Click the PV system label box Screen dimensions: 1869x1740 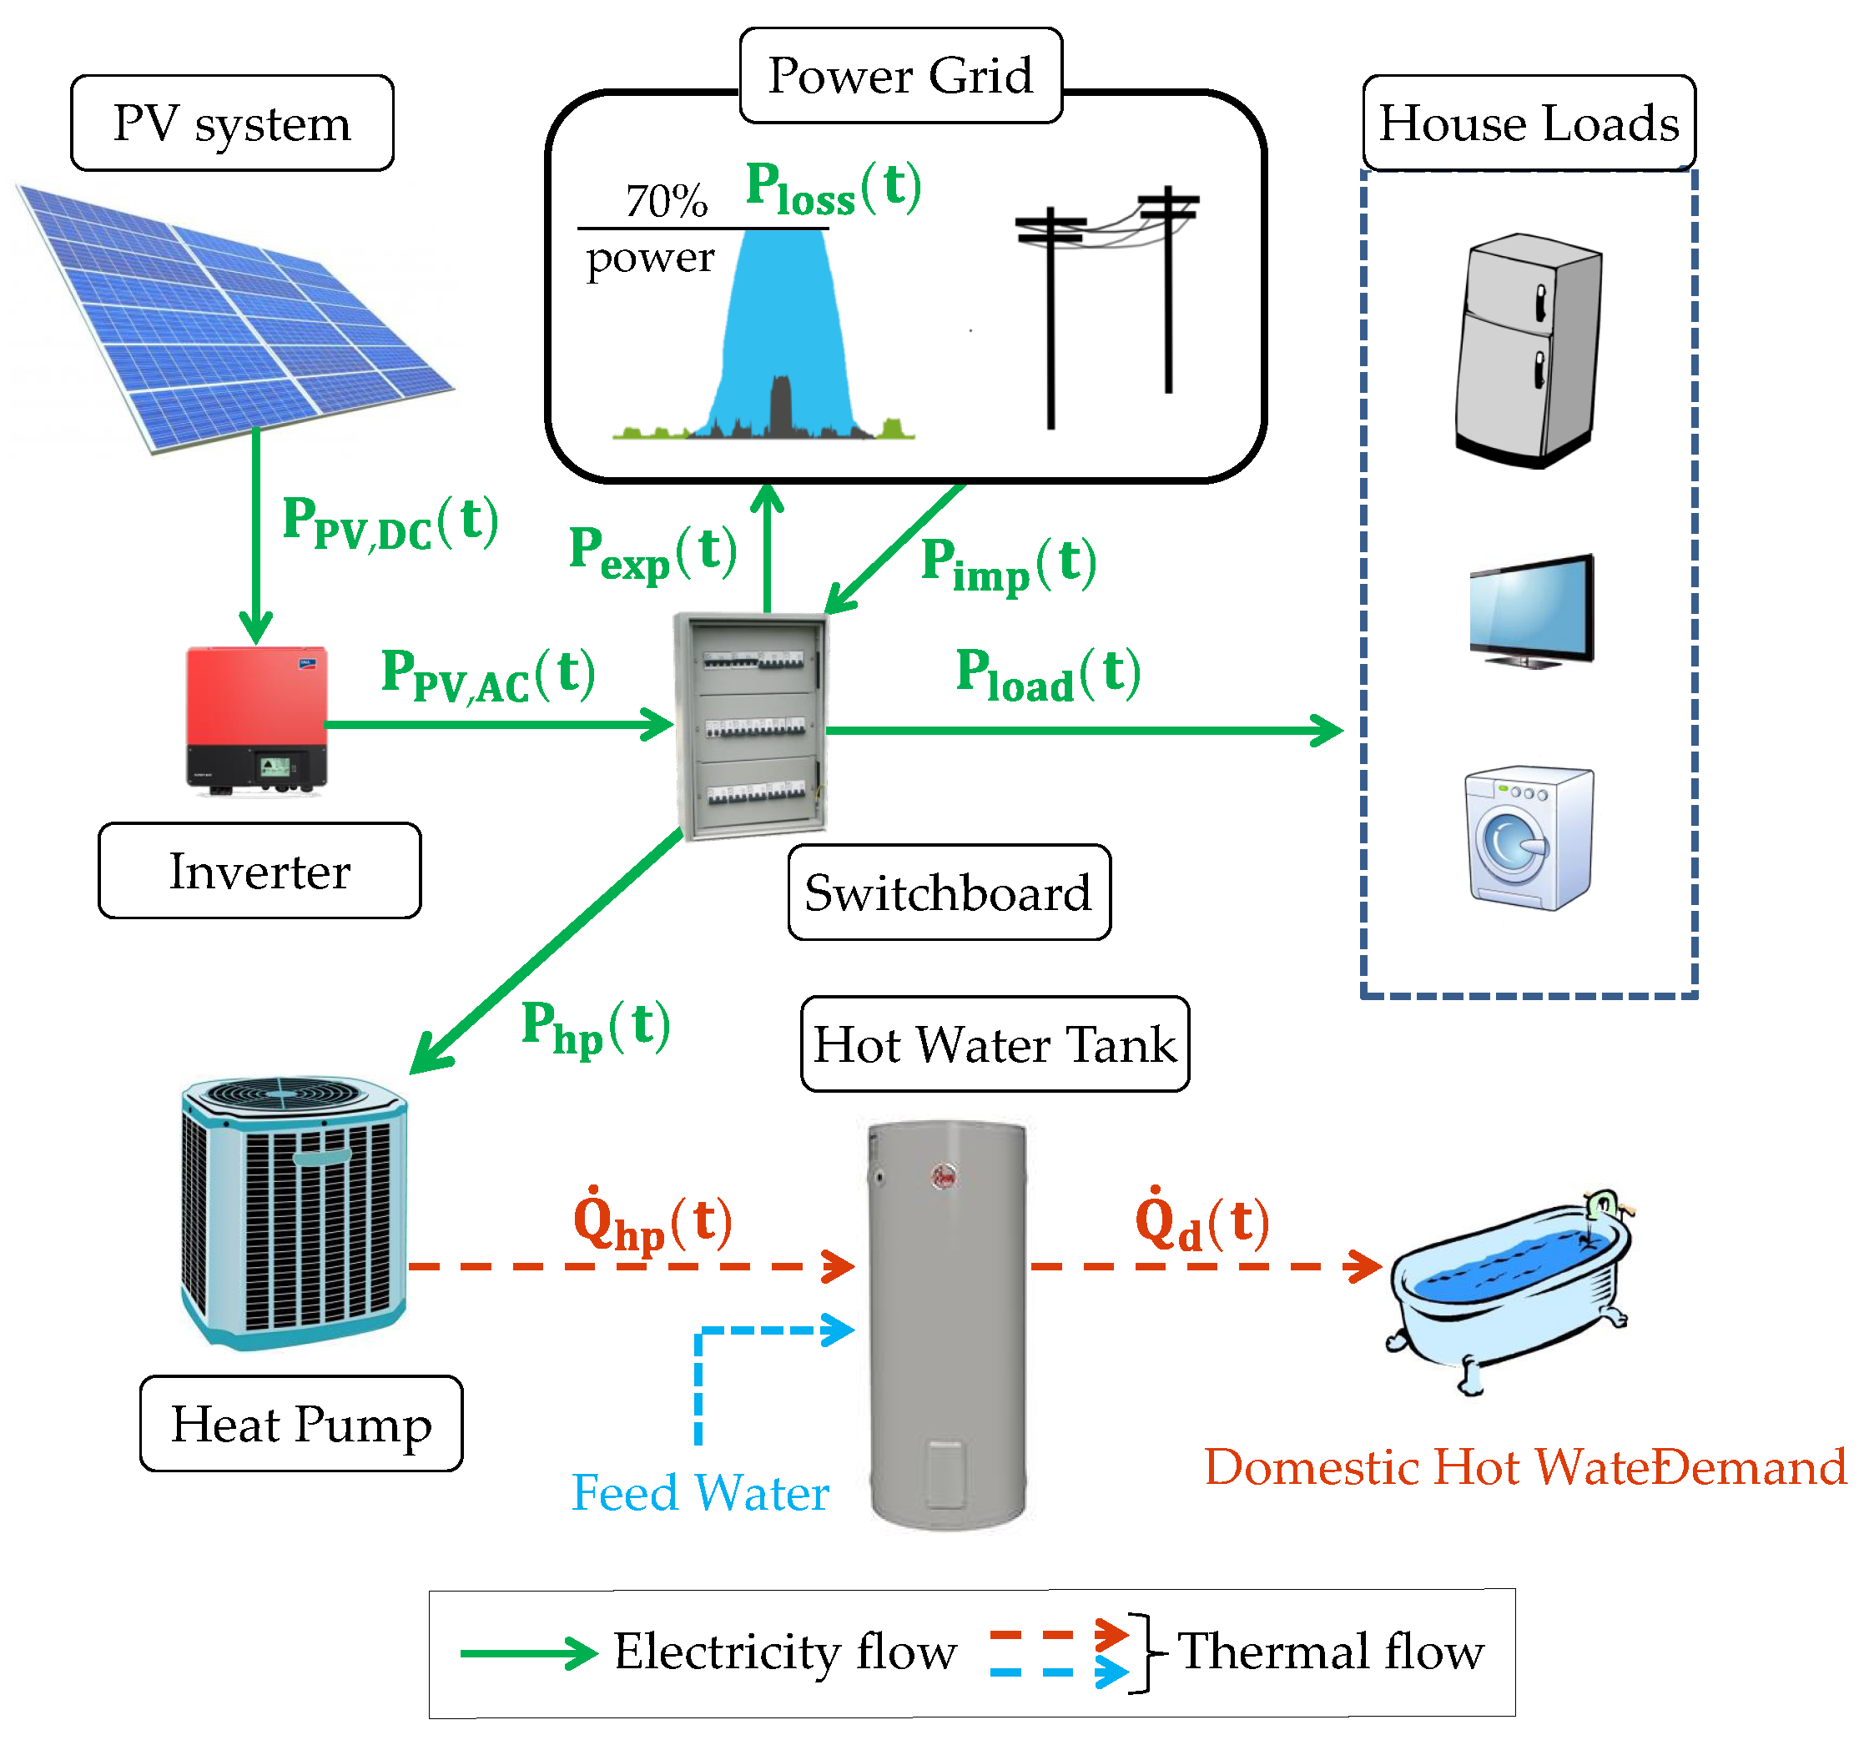[x=232, y=123]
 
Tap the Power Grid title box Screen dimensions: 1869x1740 [x=900, y=75]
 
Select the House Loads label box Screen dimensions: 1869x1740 [x=1529, y=123]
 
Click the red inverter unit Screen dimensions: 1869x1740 [x=257, y=720]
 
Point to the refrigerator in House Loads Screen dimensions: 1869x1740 [x=1528, y=350]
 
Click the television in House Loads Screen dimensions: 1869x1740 [x=1531, y=611]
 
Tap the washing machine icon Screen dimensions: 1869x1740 [x=1529, y=837]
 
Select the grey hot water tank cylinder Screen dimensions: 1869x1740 [x=947, y=1324]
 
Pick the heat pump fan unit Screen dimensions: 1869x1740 [x=295, y=1213]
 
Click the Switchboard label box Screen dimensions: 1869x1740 [x=949, y=892]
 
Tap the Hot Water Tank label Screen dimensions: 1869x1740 [x=995, y=1044]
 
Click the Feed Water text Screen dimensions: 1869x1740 [x=700, y=1493]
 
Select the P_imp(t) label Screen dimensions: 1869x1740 [x=1009, y=565]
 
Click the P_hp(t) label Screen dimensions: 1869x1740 [x=596, y=1028]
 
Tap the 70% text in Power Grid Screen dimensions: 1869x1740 [x=667, y=200]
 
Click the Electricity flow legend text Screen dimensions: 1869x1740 [x=785, y=1652]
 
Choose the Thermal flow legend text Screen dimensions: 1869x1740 [x=1330, y=1652]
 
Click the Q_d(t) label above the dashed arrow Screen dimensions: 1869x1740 [x=1202, y=1221]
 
